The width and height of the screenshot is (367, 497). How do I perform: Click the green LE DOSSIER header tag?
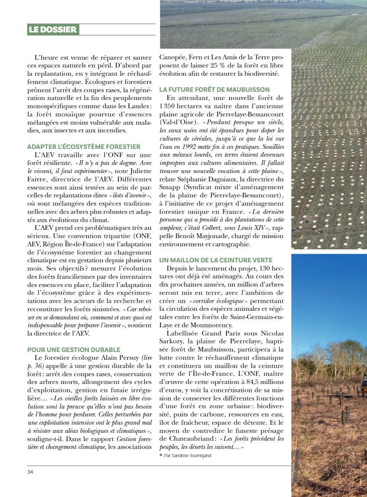(x=53, y=29)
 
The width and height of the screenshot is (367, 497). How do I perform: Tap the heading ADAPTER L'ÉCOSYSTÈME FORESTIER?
(x=84, y=147)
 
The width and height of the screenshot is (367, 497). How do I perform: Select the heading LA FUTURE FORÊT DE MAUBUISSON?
(x=214, y=89)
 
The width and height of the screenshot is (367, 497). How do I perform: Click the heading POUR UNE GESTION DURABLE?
(x=74, y=349)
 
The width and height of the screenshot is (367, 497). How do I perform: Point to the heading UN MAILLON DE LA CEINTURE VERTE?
(x=216, y=260)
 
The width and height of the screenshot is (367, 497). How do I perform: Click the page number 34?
(x=30, y=471)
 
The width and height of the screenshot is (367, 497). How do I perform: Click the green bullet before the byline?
(x=161, y=455)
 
